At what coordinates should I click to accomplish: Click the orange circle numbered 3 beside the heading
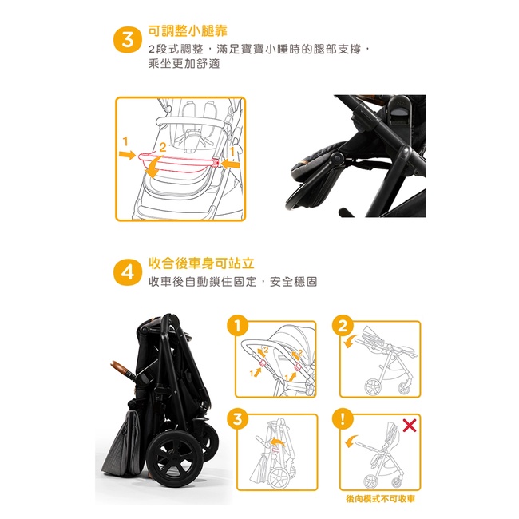coord(128,40)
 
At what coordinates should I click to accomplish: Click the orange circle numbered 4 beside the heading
coord(128,272)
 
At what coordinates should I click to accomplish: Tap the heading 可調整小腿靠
coord(188,31)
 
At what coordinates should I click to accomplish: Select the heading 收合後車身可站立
coord(201,263)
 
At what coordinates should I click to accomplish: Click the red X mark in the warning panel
coord(410,426)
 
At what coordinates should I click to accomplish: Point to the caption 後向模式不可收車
coord(380,499)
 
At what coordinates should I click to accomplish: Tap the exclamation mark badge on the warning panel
coord(343,418)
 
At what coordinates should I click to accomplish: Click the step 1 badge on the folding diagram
coord(238,326)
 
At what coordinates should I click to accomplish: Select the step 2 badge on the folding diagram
coord(343,326)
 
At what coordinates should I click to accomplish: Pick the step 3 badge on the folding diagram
coord(238,419)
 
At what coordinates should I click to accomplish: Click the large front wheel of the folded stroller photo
coord(175,455)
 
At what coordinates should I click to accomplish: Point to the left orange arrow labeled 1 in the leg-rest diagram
coord(128,155)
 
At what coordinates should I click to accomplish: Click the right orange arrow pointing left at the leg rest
coord(231,164)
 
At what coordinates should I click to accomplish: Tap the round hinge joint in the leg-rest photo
coord(337,159)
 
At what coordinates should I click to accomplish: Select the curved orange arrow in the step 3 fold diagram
coord(277,442)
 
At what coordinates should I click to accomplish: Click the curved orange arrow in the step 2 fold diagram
coord(350,341)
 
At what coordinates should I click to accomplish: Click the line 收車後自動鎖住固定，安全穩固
coord(232,282)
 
